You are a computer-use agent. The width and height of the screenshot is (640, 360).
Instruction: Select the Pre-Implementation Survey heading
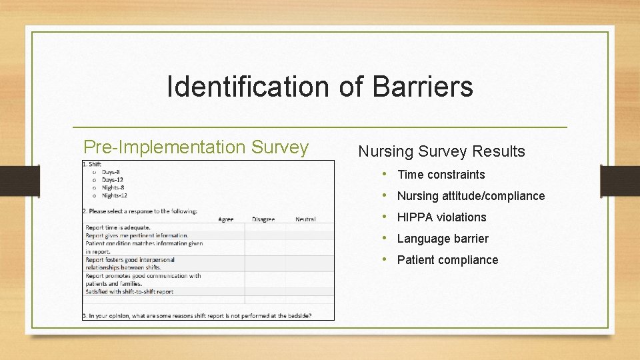[195, 147]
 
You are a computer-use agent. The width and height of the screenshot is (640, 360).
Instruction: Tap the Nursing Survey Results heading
[441, 151]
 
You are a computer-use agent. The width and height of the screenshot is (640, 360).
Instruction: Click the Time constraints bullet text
[441, 175]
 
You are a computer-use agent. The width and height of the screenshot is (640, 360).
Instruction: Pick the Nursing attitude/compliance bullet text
[471, 196]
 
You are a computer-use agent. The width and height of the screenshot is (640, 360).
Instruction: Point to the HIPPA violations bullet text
[441, 217]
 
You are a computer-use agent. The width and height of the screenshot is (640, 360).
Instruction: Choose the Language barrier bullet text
[443, 239]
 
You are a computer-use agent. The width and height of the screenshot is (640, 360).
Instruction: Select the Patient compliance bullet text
[447, 260]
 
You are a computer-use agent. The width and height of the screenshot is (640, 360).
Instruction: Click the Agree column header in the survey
[226, 219]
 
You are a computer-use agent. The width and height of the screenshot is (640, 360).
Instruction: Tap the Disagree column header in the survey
[263, 219]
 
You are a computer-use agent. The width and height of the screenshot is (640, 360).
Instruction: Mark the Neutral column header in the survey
[305, 219]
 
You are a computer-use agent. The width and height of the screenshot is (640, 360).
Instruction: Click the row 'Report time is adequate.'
[117, 227]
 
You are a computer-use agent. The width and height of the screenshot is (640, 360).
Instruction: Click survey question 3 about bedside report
[197, 315]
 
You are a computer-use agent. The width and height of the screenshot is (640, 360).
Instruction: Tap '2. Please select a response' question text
[139, 211]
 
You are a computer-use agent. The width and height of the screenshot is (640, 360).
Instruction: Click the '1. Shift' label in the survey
[92, 164]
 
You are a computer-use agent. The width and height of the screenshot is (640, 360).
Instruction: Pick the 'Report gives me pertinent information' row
[137, 235]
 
